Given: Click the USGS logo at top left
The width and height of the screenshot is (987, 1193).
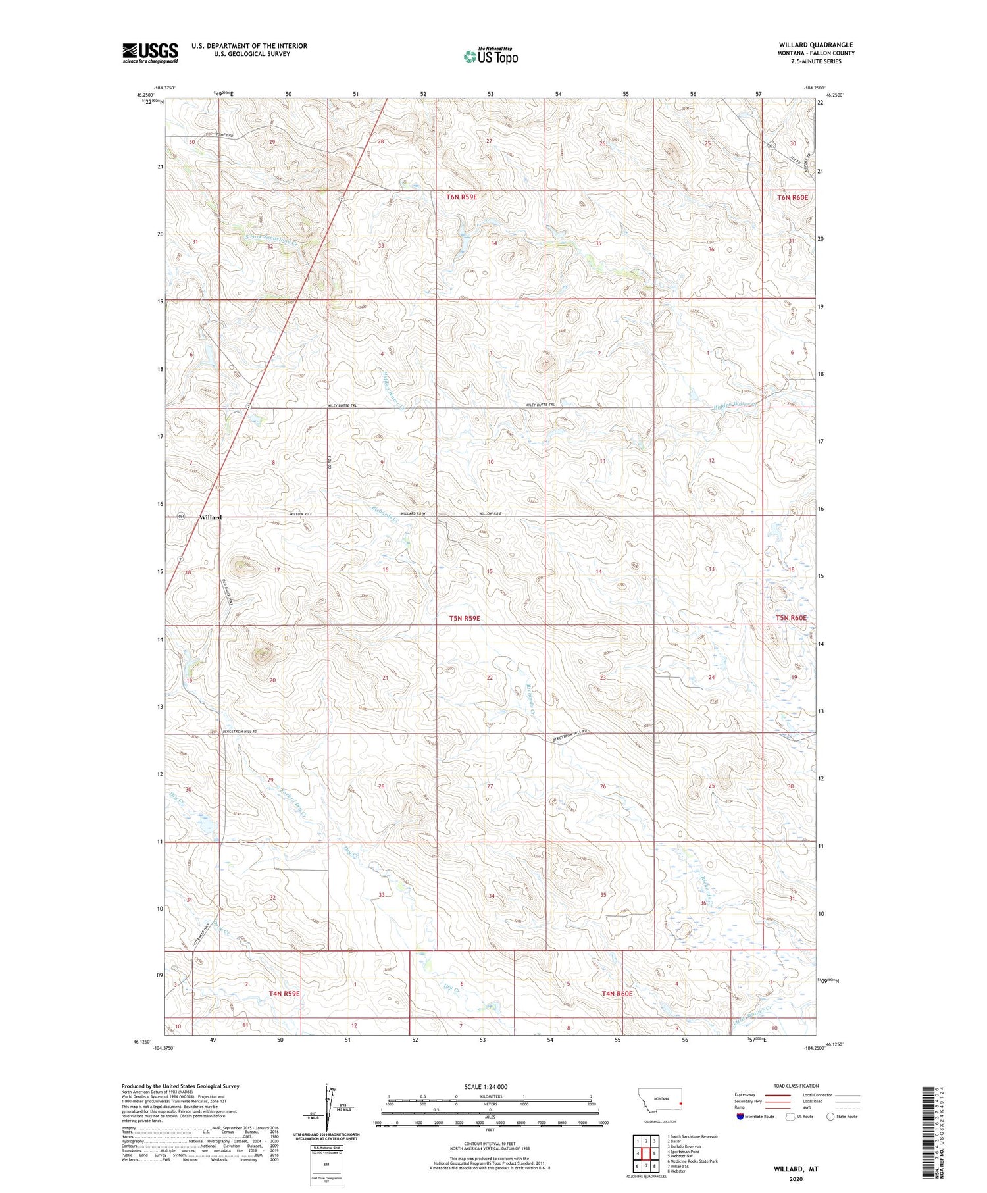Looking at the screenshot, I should [150, 53].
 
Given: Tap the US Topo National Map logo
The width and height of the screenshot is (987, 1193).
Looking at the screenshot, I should [491, 57].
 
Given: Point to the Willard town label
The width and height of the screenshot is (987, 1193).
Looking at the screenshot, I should [211, 517].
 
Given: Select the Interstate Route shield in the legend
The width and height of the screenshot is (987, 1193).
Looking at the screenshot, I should [740, 1117].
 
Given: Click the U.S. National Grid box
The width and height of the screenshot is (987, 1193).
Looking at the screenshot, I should [326, 1165].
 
